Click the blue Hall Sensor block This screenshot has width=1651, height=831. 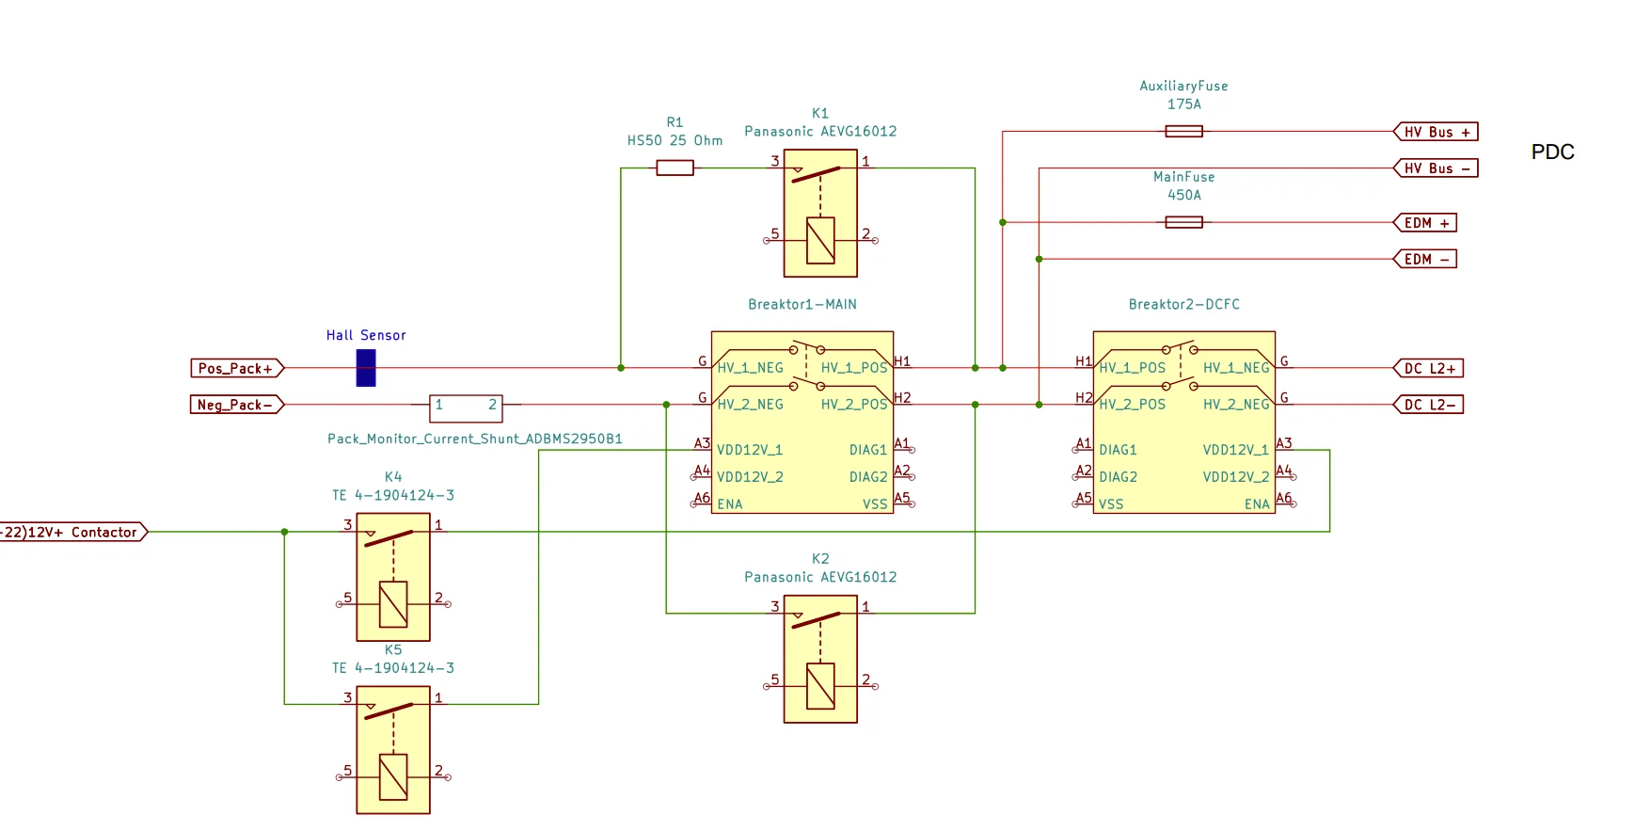click(366, 368)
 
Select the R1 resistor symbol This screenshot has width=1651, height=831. click(675, 168)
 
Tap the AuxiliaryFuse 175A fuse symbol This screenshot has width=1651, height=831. click(1183, 132)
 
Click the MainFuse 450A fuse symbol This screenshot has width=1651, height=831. click(1183, 222)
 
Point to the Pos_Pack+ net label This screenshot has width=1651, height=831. click(237, 368)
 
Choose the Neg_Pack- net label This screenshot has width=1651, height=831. click(237, 405)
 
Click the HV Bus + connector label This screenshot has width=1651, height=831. click(1436, 132)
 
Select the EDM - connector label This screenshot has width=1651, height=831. click(1425, 259)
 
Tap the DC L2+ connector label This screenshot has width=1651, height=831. click(1428, 368)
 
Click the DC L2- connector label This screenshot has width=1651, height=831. click(1428, 405)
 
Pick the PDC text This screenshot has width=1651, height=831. click(1552, 152)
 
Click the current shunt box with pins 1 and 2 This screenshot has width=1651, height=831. click(466, 408)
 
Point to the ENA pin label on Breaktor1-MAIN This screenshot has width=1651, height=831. click(730, 504)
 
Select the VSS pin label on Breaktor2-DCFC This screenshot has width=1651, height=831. click(1111, 504)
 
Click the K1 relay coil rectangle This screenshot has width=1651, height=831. click(820, 241)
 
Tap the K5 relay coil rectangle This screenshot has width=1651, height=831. click(393, 777)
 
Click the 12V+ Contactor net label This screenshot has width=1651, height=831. click(73, 532)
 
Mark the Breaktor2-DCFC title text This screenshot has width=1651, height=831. click(1183, 304)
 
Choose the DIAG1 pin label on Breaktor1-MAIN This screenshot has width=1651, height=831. click(868, 450)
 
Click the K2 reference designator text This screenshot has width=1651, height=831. click(820, 559)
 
